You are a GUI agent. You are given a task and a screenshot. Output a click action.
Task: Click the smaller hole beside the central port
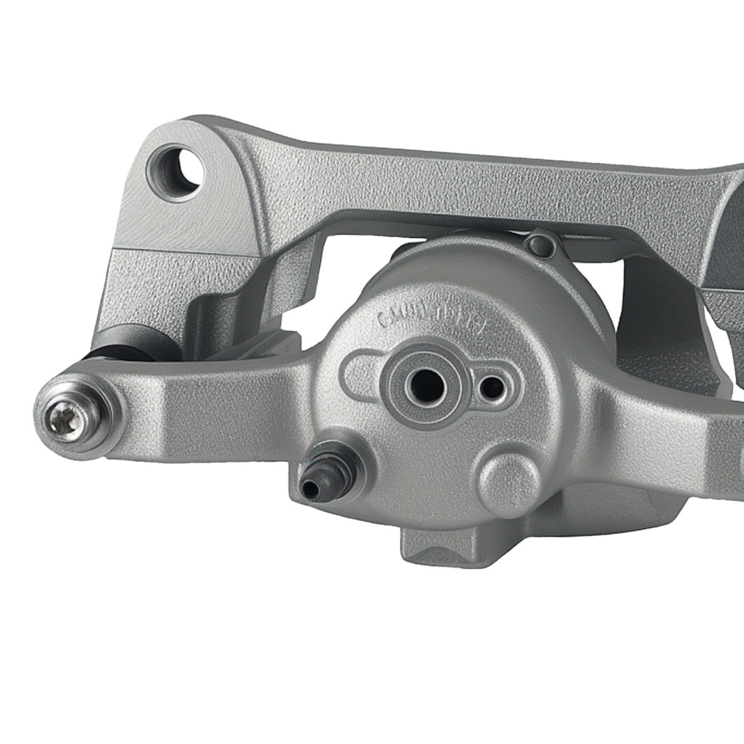(x=490, y=387)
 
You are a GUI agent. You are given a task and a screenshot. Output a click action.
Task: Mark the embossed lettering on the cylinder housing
(x=432, y=316)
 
